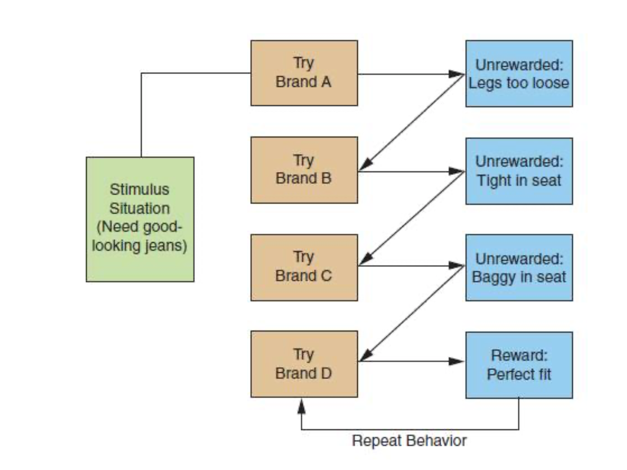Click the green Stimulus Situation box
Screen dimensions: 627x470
pyautogui.click(x=140, y=219)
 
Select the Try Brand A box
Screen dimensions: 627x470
pyautogui.click(x=304, y=73)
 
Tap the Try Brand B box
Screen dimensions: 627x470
pyautogui.click(x=304, y=170)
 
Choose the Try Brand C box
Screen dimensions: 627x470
pyautogui.click(x=304, y=267)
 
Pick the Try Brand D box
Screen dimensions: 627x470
pyautogui.click(x=304, y=364)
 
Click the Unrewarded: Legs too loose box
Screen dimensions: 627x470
pyautogui.click(x=519, y=73)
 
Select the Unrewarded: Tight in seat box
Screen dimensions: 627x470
pyautogui.click(x=519, y=171)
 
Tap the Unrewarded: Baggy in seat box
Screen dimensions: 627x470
pyautogui.click(x=519, y=267)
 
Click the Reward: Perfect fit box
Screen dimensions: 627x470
pyautogui.click(x=519, y=365)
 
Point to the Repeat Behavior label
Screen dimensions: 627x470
pyautogui.click(x=409, y=440)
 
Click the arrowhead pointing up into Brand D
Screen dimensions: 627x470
pyautogui.click(x=302, y=406)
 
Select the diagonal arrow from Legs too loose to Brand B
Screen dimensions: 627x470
pyautogui.click(x=411, y=123)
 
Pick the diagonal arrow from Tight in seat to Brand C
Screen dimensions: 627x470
pyautogui.click(x=411, y=218)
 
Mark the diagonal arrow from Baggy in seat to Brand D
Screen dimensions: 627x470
pyautogui.click(x=411, y=314)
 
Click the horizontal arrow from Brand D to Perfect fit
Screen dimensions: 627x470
pyautogui.click(x=411, y=361)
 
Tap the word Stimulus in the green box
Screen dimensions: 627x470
pyautogui.click(x=140, y=189)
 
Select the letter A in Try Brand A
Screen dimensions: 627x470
pyautogui.click(x=326, y=82)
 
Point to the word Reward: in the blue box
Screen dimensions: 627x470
pyautogui.click(x=519, y=355)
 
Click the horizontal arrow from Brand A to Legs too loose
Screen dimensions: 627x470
pyautogui.click(x=411, y=74)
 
